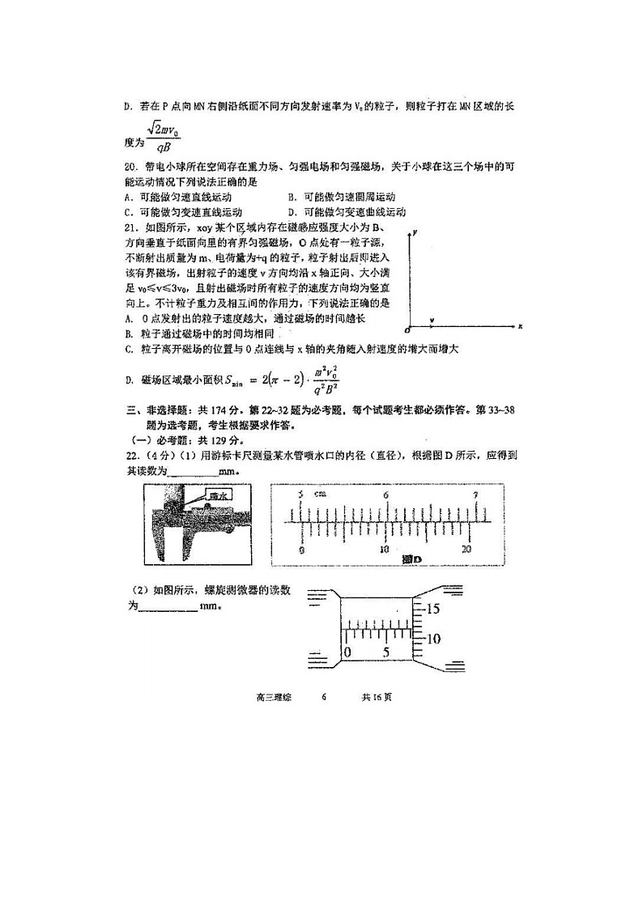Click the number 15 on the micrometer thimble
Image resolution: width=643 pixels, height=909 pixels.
tap(432, 608)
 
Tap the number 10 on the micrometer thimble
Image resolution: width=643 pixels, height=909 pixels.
tap(432, 639)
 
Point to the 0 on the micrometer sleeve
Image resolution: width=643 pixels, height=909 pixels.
tap(347, 652)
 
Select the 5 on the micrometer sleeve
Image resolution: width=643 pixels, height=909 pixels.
tap(386, 652)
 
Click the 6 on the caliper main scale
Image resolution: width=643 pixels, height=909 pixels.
tap(385, 495)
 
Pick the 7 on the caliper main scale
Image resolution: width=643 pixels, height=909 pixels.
tap(475, 495)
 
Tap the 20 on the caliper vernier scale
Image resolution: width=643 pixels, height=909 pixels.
tap(466, 549)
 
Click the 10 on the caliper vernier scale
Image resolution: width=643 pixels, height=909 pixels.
tap(385, 549)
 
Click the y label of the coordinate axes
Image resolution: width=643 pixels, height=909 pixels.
tap(414, 233)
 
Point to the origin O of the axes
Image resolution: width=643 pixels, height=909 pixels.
tap(407, 330)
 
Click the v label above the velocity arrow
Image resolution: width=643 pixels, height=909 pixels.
tap(432, 321)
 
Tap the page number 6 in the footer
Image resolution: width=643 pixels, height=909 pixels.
tap(323, 696)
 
